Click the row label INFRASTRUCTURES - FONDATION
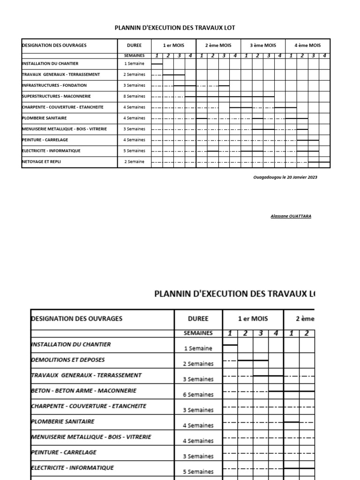(54, 85)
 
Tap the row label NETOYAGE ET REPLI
(41, 162)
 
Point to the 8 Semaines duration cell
(135, 97)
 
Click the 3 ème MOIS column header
(263, 45)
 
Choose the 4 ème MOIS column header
(307, 45)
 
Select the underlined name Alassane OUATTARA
(291, 216)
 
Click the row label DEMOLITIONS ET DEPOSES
(67, 360)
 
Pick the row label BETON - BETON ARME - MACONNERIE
(83, 390)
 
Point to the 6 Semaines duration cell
(198, 395)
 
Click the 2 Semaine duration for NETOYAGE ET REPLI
(135, 162)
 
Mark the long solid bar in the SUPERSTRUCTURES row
(230, 97)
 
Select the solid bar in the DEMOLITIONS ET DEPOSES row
(253, 360)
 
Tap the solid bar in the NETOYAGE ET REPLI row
(319, 162)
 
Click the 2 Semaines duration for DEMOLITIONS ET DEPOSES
(198, 364)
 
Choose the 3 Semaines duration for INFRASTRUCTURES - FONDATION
(135, 86)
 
